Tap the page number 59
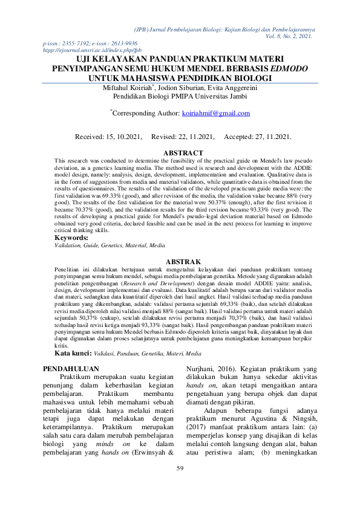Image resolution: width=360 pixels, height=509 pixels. coord(180,485)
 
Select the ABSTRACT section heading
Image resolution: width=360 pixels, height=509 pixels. coord(180,154)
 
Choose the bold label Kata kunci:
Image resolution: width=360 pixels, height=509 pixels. coord(73,352)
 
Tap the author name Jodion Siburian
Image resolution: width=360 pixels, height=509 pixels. coord(191,88)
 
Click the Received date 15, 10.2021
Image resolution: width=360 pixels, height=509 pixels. coord(125,137)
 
